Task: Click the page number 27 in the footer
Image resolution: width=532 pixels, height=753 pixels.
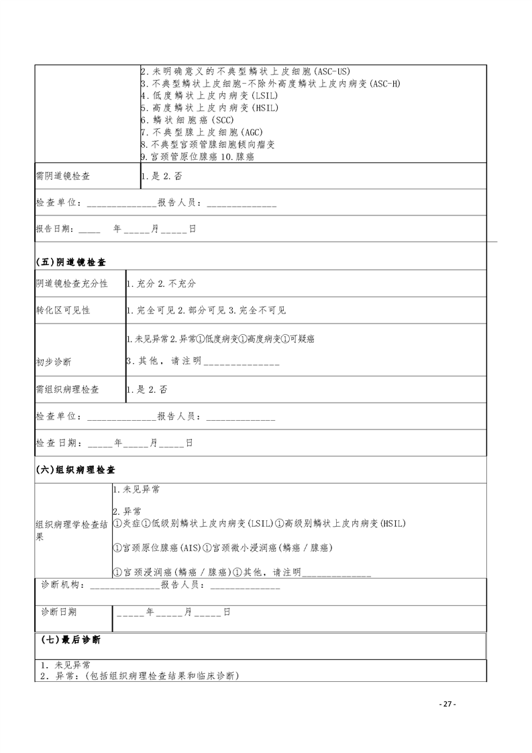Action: (447, 704)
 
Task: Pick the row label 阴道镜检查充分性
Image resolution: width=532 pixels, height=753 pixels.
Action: (71, 284)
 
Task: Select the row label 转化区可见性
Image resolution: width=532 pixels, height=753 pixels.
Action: (62, 310)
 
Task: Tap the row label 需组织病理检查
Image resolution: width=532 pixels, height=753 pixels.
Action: (67, 389)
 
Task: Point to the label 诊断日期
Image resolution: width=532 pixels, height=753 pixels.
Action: (58, 612)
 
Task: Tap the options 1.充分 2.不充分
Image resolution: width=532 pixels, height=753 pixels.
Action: (161, 284)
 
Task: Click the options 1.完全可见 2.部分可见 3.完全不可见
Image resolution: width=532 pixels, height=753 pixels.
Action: (207, 310)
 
